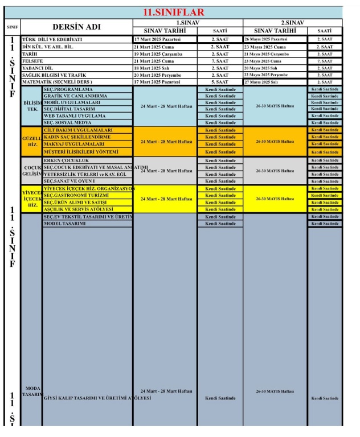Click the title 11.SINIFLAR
pyautogui.click(x=174, y=13)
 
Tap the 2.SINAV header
pyautogui.click(x=292, y=22)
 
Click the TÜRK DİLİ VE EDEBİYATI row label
pyautogui.click(x=52, y=39)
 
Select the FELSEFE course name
pyautogui.click(x=32, y=61)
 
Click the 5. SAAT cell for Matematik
pyautogui.click(x=220, y=82)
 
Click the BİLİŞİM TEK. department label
pyautogui.click(x=31, y=105)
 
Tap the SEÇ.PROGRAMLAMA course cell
pyautogui.click(x=68, y=89)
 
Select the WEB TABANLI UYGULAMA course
pyautogui.click(x=74, y=116)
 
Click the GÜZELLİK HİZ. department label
pyautogui.click(x=31, y=141)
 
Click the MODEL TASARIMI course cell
pyautogui.click(x=64, y=224)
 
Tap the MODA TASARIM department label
pyautogui.click(x=31, y=391)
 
